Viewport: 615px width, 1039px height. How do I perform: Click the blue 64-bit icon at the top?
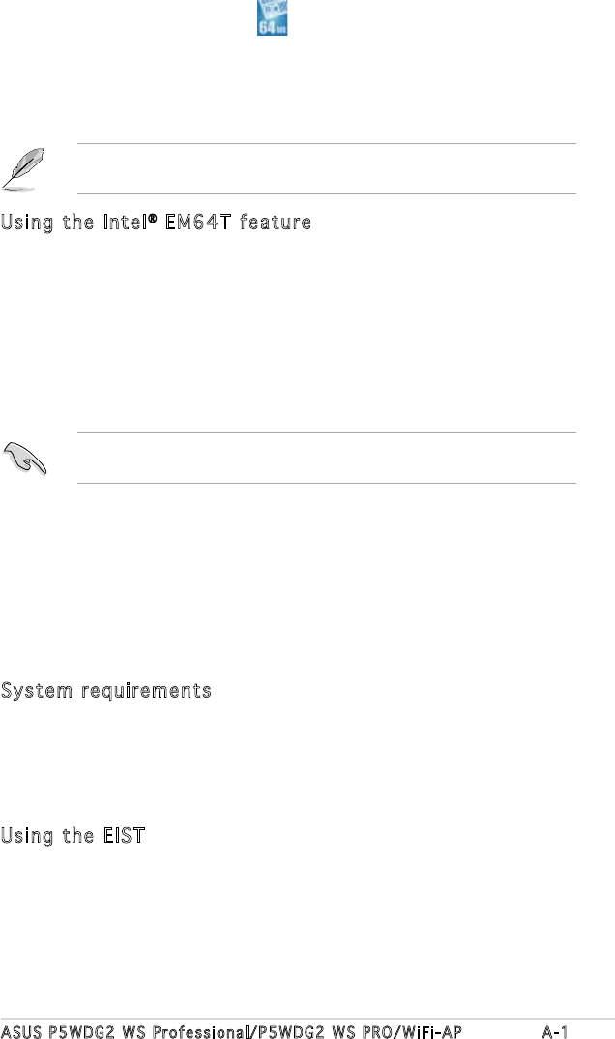[273, 19]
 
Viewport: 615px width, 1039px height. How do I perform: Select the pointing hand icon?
[27, 457]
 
